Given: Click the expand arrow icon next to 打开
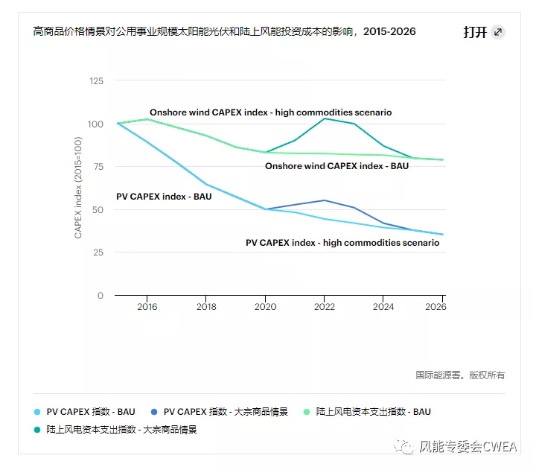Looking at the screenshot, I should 498,32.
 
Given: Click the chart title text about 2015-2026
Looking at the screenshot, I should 224,31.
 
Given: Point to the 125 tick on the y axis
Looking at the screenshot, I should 95,80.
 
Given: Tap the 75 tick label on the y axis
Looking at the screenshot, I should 98,166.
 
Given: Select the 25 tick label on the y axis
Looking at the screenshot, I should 98,253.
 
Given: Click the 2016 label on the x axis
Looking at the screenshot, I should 147,307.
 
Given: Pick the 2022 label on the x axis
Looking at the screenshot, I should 325,307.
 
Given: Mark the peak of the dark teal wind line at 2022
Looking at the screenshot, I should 325,118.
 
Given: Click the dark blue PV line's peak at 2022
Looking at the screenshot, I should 325,200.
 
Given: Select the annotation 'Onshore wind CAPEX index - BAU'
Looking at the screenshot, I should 336,166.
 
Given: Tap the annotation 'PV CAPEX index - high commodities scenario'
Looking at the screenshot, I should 342,243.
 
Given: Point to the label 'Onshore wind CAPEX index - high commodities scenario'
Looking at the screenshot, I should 270,112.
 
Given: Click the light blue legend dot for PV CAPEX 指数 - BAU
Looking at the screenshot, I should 37,412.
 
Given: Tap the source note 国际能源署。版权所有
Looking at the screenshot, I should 459,375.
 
